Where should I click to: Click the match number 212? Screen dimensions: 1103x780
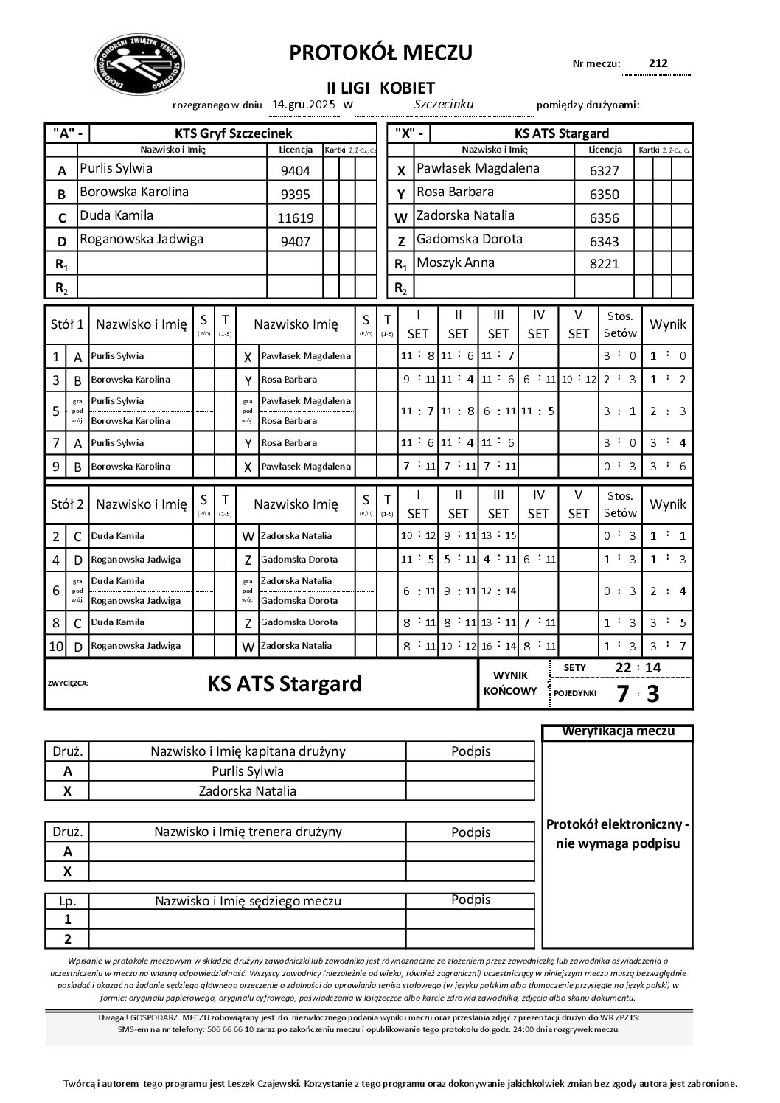pyautogui.click(x=658, y=63)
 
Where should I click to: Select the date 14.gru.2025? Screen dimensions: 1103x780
pyautogui.click(x=304, y=105)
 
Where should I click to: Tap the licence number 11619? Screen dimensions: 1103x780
pyautogui.click(x=295, y=218)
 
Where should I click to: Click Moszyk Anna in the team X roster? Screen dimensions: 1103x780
pyautogui.click(x=456, y=262)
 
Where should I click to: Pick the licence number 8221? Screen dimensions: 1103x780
pyautogui.click(x=605, y=264)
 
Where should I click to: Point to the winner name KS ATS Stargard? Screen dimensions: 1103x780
pyautogui.click(x=285, y=683)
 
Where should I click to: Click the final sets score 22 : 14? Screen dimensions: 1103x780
pyautogui.click(x=638, y=668)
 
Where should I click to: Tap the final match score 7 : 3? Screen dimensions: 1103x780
pyautogui.click(x=638, y=693)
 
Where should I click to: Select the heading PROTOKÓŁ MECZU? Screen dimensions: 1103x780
pyautogui.click(x=380, y=53)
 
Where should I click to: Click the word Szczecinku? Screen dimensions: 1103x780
pyautogui.click(x=444, y=105)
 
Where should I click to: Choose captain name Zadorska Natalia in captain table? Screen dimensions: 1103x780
pyautogui.click(x=247, y=791)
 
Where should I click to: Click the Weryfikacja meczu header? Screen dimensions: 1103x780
pyautogui.click(x=618, y=731)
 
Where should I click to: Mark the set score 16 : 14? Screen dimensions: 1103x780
pyautogui.click(x=498, y=646)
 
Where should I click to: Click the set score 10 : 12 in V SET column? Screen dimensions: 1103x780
pyautogui.click(x=578, y=380)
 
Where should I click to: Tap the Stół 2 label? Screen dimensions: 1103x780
pyautogui.click(x=67, y=504)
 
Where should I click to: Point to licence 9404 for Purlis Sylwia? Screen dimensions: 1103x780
pyautogui.click(x=295, y=171)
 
